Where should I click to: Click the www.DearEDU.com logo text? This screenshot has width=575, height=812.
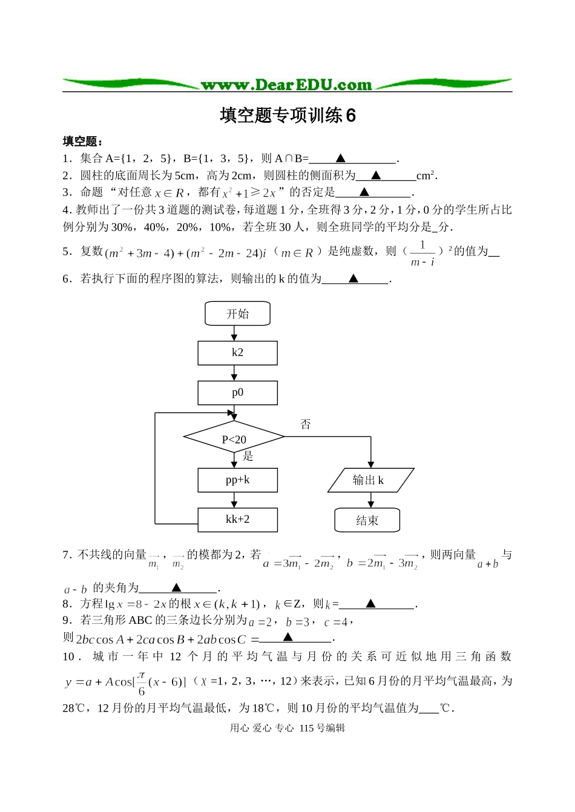tap(286, 85)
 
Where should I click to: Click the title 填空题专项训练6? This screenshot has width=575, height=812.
tap(287, 115)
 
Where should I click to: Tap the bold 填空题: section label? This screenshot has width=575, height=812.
tap(82, 142)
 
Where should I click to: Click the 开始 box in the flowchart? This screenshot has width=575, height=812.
tap(237, 314)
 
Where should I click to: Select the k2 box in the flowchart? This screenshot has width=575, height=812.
tap(237, 353)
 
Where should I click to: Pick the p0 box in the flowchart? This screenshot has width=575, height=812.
tap(237, 393)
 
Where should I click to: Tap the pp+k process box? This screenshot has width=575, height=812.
tap(237, 480)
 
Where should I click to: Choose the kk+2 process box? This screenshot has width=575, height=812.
tap(237, 520)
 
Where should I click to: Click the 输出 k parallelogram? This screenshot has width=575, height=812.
tap(370, 480)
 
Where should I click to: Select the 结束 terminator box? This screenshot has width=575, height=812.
tap(367, 520)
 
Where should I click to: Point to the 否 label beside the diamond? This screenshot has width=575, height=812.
tap(306, 424)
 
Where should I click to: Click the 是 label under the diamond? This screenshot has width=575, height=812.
tap(248, 456)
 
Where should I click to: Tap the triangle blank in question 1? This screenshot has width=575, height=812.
tap(340, 159)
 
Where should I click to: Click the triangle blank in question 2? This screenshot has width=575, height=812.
tap(376, 175)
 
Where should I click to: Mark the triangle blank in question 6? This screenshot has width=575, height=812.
tap(353, 279)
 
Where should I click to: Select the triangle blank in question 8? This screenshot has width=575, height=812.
tap(371, 603)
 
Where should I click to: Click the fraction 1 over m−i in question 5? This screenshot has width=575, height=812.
tap(422, 253)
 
